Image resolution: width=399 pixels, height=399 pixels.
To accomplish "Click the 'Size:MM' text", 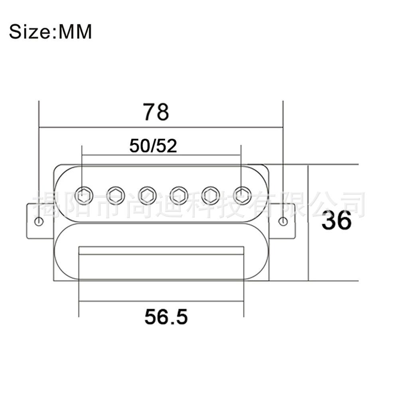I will [x=51, y=32].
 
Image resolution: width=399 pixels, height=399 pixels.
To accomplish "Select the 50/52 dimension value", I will [x=153, y=146].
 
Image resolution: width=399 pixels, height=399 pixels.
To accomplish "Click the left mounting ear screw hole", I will [x=39, y=221].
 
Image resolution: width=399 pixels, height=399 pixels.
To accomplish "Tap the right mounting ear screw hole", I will [x=283, y=221].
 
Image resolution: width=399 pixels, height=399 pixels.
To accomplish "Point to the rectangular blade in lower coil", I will [x=161, y=250].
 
